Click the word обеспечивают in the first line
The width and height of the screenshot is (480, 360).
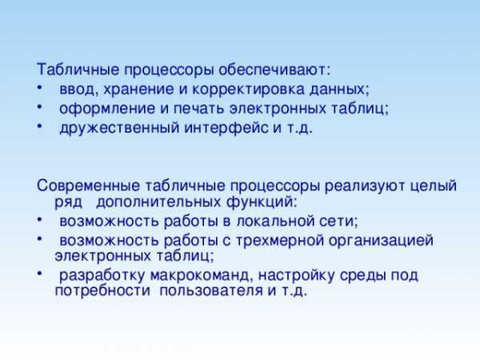coord(274,70)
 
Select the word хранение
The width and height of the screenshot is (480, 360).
coord(139,90)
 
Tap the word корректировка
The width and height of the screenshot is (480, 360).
coord(249,90)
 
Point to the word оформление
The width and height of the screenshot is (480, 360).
coord(107,109)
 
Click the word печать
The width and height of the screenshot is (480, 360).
coord(199,109)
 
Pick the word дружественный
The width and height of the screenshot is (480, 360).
coord(119,128)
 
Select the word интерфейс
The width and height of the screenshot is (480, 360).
coord(226,128)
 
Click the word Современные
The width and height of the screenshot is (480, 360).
coord(88,186)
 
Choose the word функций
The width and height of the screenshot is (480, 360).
coord(262,202)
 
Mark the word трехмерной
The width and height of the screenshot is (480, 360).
coord(280,241)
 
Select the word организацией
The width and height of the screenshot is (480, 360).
coord(381,241)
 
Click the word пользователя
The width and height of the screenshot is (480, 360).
coord(211,290)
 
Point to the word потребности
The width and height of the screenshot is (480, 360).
coord(102,290)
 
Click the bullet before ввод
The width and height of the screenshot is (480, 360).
coord(39,87)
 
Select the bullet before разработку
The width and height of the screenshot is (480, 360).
coord(39,274)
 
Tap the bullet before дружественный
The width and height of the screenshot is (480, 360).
coord(39,126)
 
